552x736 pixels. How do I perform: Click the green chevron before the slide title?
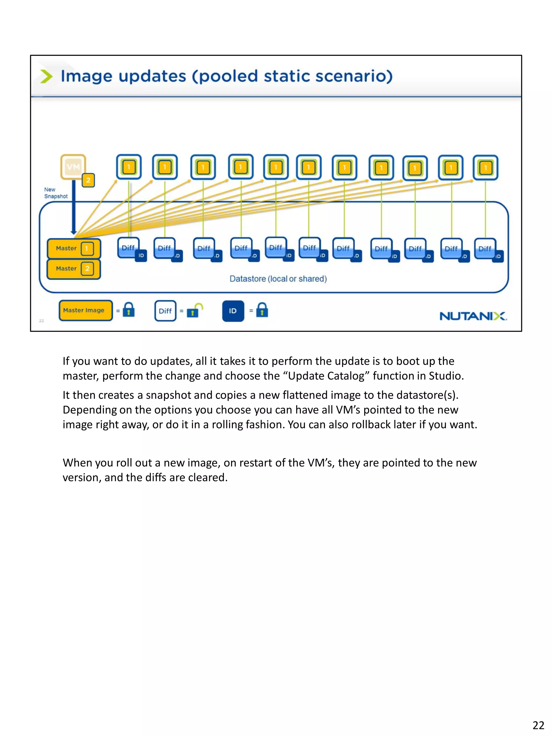(x=46, y=76)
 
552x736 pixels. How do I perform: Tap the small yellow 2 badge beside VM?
(x=88, y=180)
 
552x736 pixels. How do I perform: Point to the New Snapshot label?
(x=56, y=193)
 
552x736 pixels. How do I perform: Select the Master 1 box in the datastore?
(x=74, y=248)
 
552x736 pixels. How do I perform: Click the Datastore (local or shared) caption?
(x=278, y=279)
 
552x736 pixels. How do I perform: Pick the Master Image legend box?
(x=85, y=310)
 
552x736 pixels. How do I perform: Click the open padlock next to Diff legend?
(x=195, y=310)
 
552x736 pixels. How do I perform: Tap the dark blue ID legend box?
(x=233, y=311)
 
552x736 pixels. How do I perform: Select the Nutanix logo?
(x=473, y=316)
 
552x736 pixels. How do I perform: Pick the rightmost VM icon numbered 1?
(x=485, y=168)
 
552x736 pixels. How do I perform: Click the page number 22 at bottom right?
(x=538, y=725)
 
